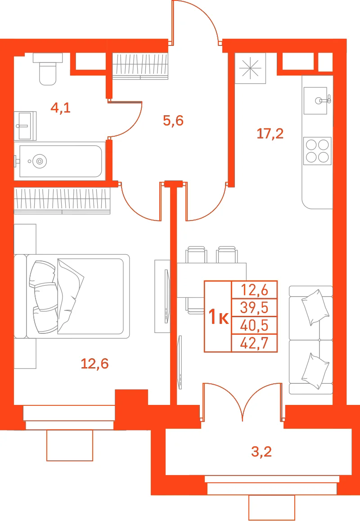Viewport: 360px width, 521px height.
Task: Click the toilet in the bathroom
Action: coord(48,69)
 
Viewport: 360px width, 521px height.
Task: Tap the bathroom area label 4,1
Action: coord(60,108)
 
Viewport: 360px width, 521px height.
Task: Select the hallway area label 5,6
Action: coord(173,120)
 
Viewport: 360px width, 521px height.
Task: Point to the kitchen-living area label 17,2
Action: coord(270,134)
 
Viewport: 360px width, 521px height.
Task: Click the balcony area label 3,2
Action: coord(261,452)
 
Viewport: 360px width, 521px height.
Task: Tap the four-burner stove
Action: coord(317,151)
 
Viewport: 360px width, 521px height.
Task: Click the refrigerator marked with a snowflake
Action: coord(250,68)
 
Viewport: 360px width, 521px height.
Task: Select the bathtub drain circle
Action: coord(40,161)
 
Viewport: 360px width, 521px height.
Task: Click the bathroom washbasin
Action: coord(25,126)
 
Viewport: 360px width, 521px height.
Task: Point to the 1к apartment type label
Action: coord(218,316)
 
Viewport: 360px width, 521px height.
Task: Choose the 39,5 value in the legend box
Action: coord(254,308)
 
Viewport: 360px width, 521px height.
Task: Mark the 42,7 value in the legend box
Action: coord(254,343)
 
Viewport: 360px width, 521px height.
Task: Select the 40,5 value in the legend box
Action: coord(254,325)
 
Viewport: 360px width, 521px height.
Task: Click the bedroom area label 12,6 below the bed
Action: coord(95,364)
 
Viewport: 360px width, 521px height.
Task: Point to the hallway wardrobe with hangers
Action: coord(140,66)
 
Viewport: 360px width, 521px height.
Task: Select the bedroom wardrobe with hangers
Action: coord(62,201)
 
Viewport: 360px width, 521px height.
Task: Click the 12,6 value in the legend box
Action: coord(254,290)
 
